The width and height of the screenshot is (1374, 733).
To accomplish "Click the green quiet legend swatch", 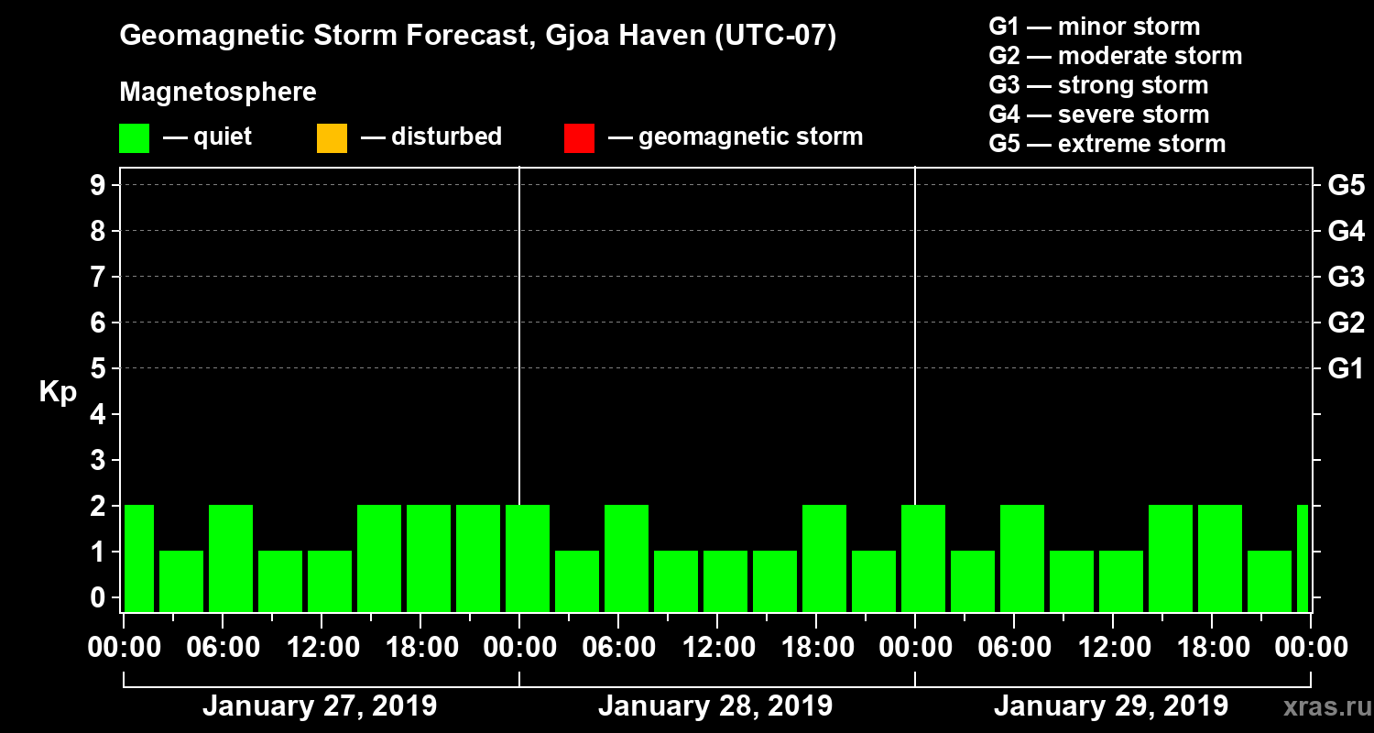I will click(134, 137).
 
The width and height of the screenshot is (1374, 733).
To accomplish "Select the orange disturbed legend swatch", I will click(332, 137).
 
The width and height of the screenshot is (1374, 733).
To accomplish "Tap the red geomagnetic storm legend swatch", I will click(579, 137).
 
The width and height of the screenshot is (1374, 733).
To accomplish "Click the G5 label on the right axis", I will click(1346, 186).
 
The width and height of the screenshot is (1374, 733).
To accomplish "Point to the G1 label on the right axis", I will click(1346, 369).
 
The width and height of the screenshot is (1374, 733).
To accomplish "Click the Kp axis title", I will click(58, 392).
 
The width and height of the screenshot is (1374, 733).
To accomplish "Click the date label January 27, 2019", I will click(320, 706).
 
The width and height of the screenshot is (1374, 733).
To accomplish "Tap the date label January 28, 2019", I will click(715, 706).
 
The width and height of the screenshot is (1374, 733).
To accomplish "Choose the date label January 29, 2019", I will click(1111, 706).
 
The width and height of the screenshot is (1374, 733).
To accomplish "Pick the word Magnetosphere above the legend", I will click(218, 93).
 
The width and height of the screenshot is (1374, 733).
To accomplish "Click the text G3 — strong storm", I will click(1098, 85).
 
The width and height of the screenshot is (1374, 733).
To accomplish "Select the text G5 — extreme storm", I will click(1107, 144).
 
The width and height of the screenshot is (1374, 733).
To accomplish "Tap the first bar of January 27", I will click(138, 558).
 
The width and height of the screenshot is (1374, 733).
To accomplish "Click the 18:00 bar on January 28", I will click(824, 558).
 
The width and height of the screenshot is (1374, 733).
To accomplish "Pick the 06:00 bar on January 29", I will click(1022, 558).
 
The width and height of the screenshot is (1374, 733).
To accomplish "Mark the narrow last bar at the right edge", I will click(1303, 558).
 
